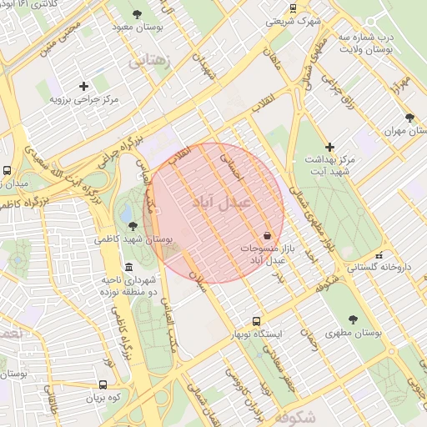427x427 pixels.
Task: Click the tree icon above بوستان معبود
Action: point(138,13)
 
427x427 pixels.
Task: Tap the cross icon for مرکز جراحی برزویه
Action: point(83,86)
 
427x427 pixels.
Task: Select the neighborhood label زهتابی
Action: point(149,60)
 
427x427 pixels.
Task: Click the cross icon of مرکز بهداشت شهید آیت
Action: point(330,146)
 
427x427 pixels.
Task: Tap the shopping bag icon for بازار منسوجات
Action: point(266,235)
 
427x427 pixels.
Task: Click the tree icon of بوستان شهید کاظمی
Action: point(133,225)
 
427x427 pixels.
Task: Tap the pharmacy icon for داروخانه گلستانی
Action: point(379,255)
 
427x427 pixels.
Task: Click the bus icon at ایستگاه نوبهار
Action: point(256,320)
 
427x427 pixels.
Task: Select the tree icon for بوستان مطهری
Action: point(353,319)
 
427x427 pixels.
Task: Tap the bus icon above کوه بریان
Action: point(103,384)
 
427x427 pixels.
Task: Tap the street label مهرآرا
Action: point(403,83)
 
